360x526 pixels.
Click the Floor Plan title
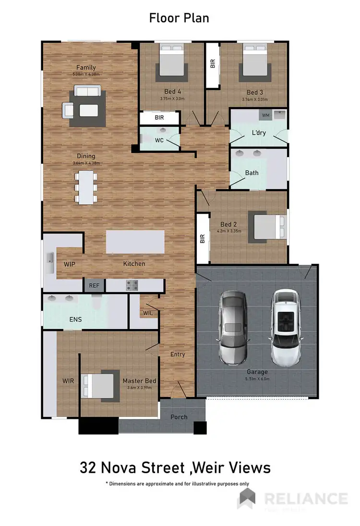click(179, 18)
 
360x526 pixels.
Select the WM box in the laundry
click(265, 115)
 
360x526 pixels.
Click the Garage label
click(257, 371)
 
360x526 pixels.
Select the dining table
click(86, 187)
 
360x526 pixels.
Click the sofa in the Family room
click(86, 91)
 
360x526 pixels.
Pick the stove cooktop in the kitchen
click(132, 285)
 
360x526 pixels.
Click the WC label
click(160, 140)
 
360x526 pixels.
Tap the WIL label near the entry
click(148, 313)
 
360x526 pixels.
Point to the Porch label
click(179, 416)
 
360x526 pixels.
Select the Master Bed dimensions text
click(139, 388)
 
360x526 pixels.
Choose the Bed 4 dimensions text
click(172, 99)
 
